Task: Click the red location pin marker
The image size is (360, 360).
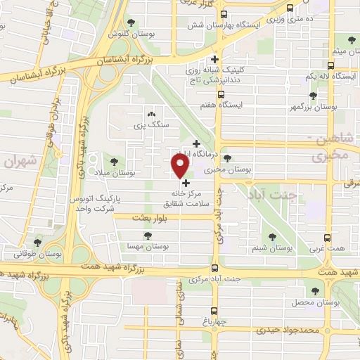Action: coord(180,165)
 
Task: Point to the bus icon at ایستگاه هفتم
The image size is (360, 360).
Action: coord(224,93)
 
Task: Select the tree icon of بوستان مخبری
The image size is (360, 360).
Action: coord(226,159)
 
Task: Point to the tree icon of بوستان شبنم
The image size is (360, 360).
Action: coord(272,237)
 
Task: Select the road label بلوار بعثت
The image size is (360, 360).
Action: coord(139,219)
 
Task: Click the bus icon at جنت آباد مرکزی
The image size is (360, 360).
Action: coord(215,268)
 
